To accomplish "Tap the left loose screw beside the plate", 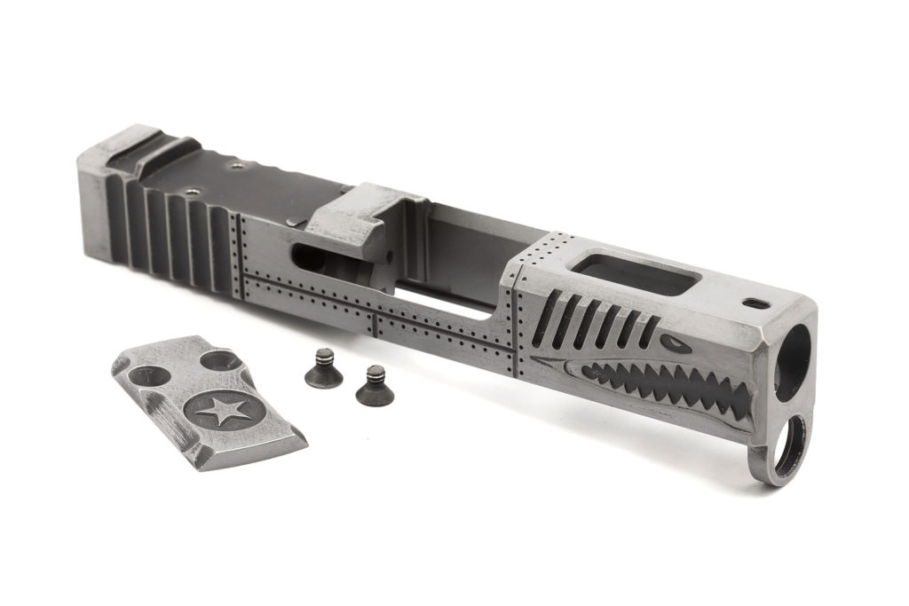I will [x=323, y=367].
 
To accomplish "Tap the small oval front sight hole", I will [x=756, y=304].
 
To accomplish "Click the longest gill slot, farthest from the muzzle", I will [x=547, y=315].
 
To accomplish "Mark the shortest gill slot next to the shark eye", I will [x=651, y=330].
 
